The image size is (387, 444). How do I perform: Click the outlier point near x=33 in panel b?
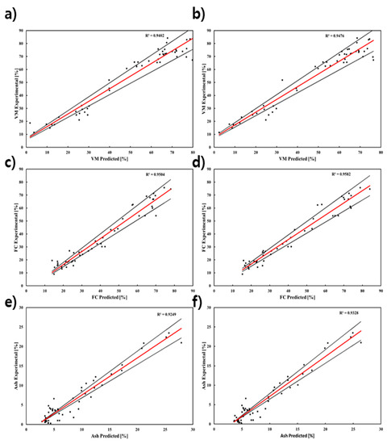(281, 80)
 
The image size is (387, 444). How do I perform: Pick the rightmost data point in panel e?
(181, 342)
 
